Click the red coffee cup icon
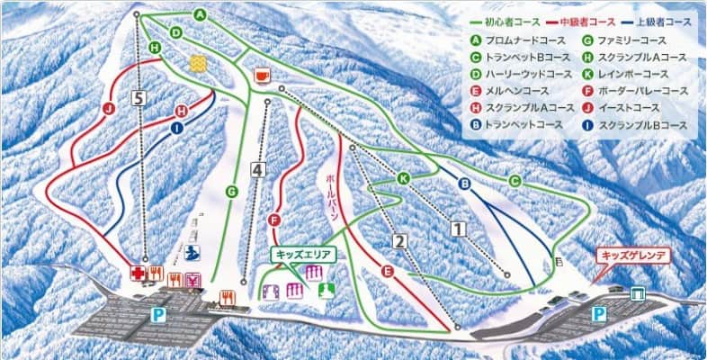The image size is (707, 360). pyautogui.click(x=262, y=75)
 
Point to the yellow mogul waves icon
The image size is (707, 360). pyautogui.click(x=198, y=63)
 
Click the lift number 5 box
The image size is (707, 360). pyautogui.click(x=137, y=98)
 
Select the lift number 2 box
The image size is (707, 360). pyautogui.click(x=400, y=240)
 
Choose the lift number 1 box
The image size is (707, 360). pyautogui.click(x=459, y=229)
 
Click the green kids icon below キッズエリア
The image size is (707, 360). pyautogui.click(x=322, y=289)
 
